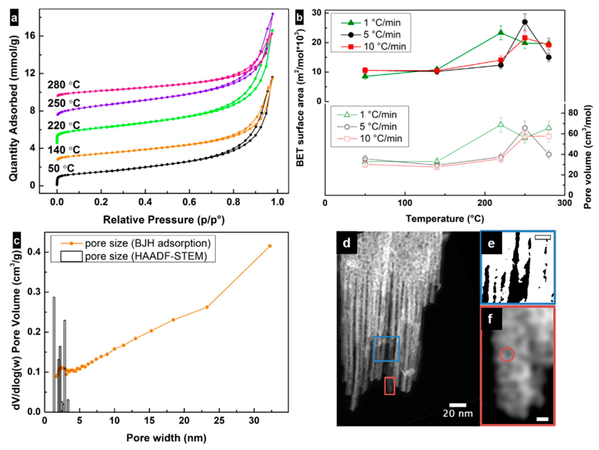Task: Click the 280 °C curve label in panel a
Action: coord(64,85)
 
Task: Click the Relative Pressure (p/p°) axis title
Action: coord(164,220)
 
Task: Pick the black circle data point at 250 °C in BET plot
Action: coord(525,22)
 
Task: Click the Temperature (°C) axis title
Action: coord(445,218)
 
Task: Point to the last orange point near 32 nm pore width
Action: coord(270,246)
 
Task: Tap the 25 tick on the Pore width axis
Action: coord(219,421)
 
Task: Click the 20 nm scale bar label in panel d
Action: coord(458,413)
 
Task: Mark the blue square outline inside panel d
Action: coord(386,349)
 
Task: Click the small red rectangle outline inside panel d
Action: coord(390,386)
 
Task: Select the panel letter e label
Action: coord(491,244)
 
